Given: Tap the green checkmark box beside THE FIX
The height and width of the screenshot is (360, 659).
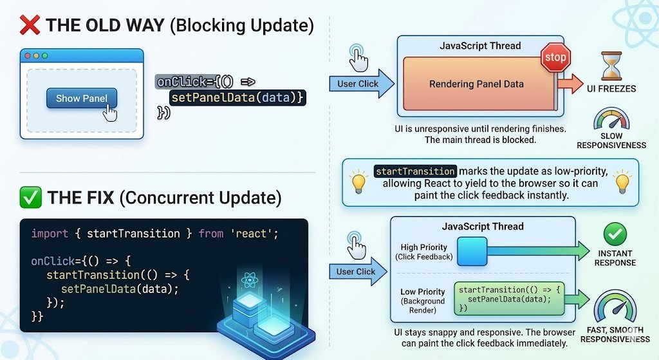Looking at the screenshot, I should (30, 197).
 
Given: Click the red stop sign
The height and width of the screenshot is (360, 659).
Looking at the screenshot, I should (555, 57).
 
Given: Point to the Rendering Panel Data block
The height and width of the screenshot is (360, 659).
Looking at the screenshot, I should (476, 84).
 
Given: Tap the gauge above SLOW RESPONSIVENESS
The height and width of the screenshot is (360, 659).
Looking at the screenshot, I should (611, 120).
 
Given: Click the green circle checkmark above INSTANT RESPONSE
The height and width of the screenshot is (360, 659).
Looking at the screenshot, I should (615, 234).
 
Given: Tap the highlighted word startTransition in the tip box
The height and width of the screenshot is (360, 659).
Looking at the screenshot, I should (416, 171).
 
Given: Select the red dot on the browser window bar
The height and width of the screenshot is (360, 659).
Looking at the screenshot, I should (28, 56).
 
